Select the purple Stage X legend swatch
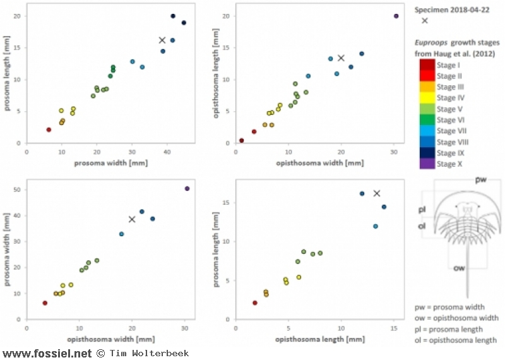[x=425, y=164]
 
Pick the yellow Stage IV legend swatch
[x=425, y=98]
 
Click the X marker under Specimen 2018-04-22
[x=425, y=20]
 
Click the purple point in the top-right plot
[x=396, y=16]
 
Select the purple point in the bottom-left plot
[x=187, y=188]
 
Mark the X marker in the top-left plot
[x=162, y=40]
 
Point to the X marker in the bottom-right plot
[x=377, y=193]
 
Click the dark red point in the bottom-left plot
[x=45, y=303]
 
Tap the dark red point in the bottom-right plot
[x=255, y=303]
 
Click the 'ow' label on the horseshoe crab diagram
[x=460, y=268]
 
